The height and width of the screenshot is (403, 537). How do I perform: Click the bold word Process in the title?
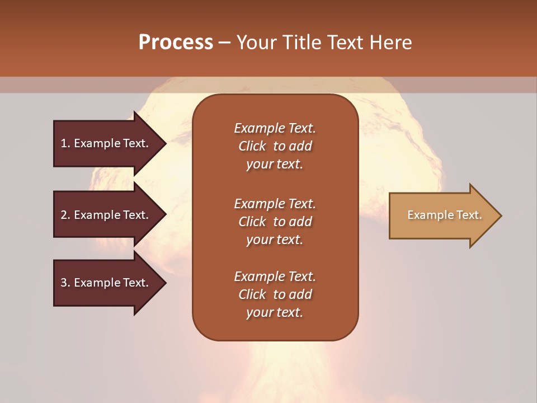tap(176, 42)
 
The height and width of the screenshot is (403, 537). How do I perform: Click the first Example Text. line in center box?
tap(275, 128)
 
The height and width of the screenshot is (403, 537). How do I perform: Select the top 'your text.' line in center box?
tap(275, 164)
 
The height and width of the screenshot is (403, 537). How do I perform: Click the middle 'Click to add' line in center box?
tap(275, 222)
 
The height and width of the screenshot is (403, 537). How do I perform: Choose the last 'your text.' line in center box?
tap(275, 312)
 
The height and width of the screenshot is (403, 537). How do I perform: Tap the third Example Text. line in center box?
tap(275, 277)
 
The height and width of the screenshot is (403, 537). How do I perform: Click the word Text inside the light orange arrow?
tap(469, 215)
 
